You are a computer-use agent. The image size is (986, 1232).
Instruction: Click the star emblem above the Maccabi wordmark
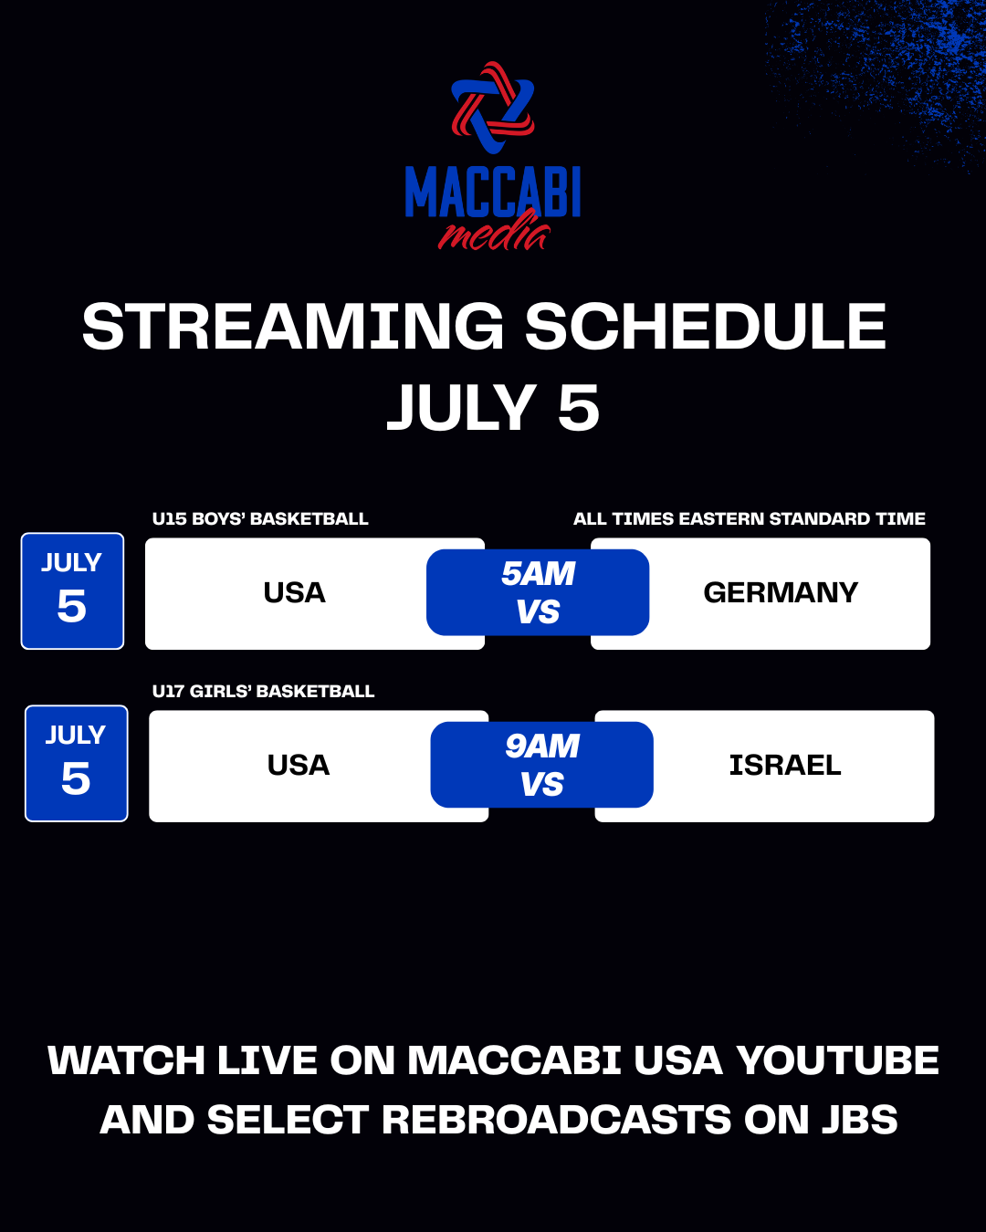pyautogui.click(x=493, y=108)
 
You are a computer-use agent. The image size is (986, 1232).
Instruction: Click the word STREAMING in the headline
pyautogui.click(x=293, y=327)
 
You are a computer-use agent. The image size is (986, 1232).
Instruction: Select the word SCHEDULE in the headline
pyautogui.click(x=706, y=327)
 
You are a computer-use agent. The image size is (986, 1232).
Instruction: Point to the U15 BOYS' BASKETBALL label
pyautogui.click(x=260, y=518)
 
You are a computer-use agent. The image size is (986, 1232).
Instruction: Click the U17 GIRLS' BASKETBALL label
pyautogui.click(x=263, y=691)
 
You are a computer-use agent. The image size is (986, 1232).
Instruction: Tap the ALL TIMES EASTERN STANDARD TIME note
pyautogui.click(x=750, y=518)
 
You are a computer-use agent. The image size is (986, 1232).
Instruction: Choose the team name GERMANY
pyautogui.click(x=781, y=592)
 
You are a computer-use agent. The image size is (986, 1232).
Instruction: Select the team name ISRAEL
pyautogui.click(x=785, y=766)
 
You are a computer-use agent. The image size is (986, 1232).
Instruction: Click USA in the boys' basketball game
pyautogui.click(x=295, y=592)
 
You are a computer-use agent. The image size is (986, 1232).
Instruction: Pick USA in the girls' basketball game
pyautogui.click(x=299, y=766)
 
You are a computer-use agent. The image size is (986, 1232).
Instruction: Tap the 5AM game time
pyautogui.click(x=538, y=574)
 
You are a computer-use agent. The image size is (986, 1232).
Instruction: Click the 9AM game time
pyautogui.click(x=542, y=746)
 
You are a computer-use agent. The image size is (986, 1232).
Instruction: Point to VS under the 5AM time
pyautogui.click(x=538, y=611)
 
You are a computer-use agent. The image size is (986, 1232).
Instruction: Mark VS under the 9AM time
pyautogui.click(x=542, y=784)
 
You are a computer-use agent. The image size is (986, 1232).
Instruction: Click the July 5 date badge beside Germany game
pyautogui.click(x=72, y=590)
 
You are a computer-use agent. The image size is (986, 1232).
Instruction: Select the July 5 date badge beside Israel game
pyautogui.click(x=76, y=764)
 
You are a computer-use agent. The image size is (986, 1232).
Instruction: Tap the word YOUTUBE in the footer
pyautogui.click(x=837, y=1060)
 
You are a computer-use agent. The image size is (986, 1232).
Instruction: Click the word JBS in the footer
pyautogui.click(x=859, y=1120)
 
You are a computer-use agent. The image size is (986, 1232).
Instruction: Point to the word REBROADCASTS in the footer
pyautogui.click(x=556, y=1120)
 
